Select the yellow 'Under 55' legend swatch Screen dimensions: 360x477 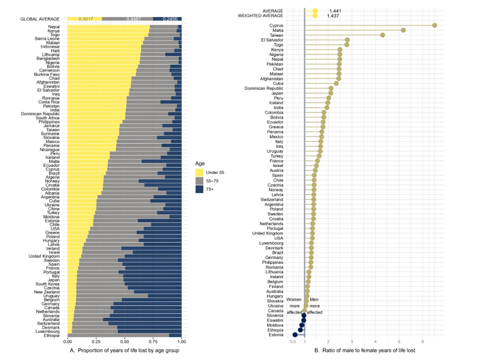click(x=201, y=172)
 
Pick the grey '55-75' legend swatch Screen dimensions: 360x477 click(x=201, y=181)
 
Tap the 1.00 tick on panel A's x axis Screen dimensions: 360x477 click(x=181, y=342)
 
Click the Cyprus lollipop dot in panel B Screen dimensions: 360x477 click(x=434, y=25)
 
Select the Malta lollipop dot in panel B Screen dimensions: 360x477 click(x=403, y=30)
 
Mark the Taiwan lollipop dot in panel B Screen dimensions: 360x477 click(x=383, y=35)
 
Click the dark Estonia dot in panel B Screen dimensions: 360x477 click(x=294, y=334)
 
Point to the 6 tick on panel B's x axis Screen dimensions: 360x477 click(x=424, y=342)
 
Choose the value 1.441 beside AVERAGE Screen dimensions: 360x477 click(x=335, y=11)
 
